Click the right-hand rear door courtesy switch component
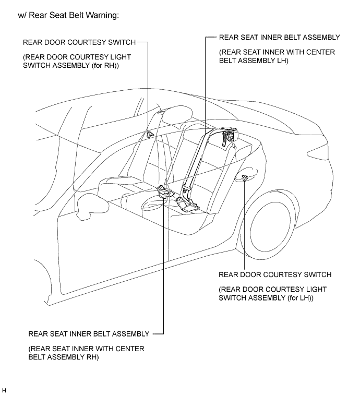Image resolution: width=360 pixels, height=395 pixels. pyautogui.click(x=150, y=133)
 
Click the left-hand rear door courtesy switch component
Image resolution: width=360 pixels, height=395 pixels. pyautogui.click(x=245, y=179)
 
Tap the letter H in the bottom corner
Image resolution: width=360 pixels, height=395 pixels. pyautogui.click(x=4, y=390)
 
